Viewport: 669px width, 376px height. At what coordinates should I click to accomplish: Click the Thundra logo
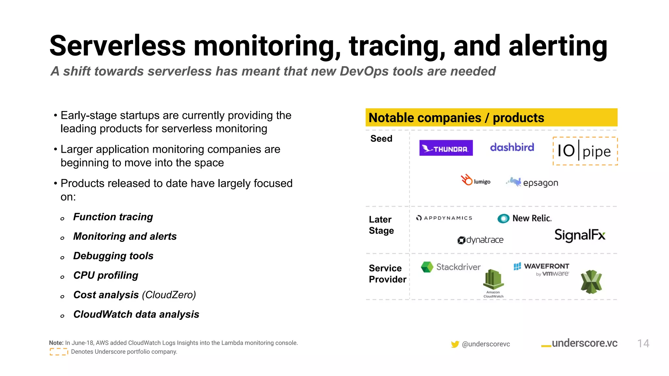coord(446,148)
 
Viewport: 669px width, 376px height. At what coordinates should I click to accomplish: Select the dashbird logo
coord(512,147)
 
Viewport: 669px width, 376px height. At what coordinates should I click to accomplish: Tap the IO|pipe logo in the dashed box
coord(585,151)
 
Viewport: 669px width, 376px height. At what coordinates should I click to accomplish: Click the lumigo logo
coord(476,180)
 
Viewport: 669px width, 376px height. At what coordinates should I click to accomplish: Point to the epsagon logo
coord(532,182)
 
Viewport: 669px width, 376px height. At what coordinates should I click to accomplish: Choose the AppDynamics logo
coord(444,218)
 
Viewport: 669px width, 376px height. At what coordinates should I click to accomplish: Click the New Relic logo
coord(524,218)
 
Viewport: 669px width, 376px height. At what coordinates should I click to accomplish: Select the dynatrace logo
coord(481,240)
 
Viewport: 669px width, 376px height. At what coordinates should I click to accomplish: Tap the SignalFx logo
coord(580,235)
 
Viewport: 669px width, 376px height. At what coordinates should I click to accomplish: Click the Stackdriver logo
coord(451,267)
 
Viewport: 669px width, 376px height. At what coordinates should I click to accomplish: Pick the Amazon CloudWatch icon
coord(493,283)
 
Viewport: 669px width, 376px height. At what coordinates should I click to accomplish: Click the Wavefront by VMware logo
coord(542,270)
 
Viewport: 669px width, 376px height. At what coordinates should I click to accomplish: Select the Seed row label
coord(381,138)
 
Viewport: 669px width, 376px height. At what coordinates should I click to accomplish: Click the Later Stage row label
coord(381,225)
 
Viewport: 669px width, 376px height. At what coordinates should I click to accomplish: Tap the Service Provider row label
coord(387,274)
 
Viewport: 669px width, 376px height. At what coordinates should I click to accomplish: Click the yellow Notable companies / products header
coord(491,117)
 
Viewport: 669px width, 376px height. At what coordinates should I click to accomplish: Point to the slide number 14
coord(643,343)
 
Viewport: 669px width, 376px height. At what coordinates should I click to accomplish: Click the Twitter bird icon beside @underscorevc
coord(455,344)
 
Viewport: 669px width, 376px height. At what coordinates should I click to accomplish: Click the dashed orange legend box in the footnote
coord(59,352)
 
